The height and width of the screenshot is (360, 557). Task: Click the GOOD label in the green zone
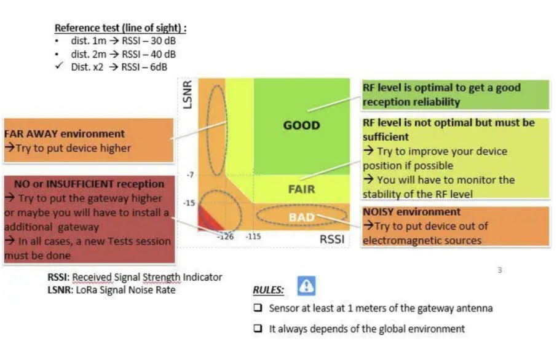click(302, 125)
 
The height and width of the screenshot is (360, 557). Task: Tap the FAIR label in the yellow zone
click(302, 189)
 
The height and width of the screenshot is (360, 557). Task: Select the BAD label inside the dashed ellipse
click(302, 217)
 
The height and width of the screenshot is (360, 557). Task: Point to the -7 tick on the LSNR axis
click(191, 174)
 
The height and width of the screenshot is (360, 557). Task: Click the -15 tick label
click(189, 203)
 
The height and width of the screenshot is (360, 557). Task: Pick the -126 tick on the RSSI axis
click(226, 237)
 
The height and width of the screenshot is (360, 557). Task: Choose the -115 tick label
click(253, 237)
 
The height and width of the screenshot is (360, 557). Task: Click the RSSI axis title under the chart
click(332, 240)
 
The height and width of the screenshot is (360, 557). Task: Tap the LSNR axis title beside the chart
click(188, 95)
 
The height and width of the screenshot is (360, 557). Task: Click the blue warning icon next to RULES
click(306, 286)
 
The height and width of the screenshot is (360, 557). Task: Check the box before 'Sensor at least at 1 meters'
click(258, 307)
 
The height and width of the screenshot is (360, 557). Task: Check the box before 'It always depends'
click(258, 328)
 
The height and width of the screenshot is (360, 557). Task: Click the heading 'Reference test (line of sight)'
click(120, 28)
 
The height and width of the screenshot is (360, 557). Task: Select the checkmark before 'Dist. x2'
click(59, 66)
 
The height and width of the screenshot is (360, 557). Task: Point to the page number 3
click(500, 270)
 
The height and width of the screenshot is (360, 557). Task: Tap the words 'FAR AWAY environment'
click(65, 134)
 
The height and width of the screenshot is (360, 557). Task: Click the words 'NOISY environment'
click(411, 212)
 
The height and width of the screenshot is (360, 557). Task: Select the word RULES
click(268, 290)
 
